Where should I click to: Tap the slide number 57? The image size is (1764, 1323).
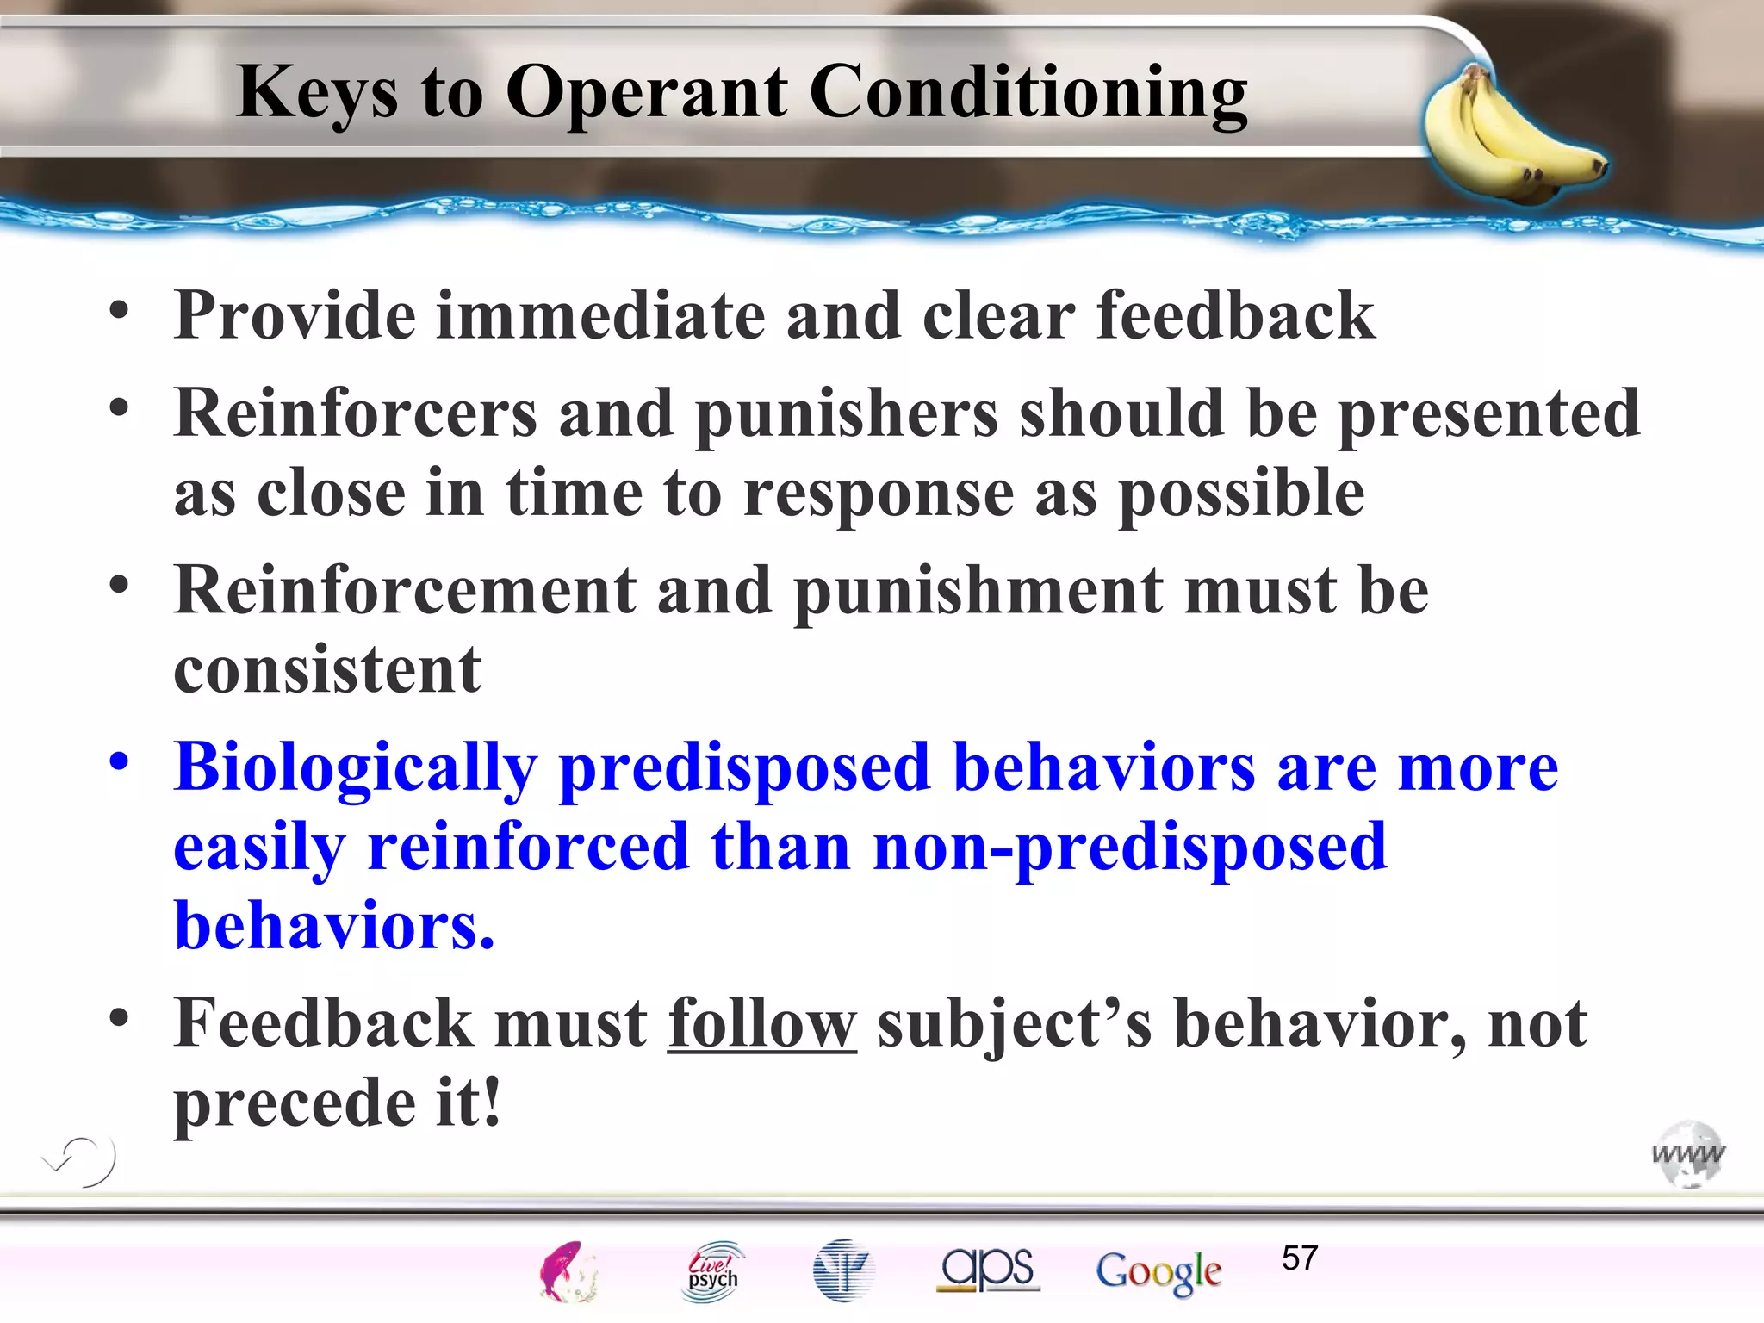tap(1299, 1258)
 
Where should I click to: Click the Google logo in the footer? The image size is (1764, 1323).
tap(1158, 1271)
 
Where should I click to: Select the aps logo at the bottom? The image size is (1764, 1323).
tap(988, 1269)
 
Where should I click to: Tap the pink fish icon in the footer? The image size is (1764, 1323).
tap(567, 1271)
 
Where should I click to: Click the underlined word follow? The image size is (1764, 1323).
tap(761, 1023)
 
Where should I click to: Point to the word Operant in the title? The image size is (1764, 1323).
tap(646, 92)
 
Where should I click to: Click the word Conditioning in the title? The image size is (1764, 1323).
tap(1028, 92)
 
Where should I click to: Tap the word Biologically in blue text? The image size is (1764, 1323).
tap(355, 767)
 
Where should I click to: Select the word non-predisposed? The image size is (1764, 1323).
tap(1129, 847)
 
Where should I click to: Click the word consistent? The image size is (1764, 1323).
tap(327, 670)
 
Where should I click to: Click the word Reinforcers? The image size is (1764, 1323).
tap(355, 413)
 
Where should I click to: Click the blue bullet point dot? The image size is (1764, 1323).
tap(119, 761)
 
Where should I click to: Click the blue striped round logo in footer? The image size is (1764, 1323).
tap(843, 1270)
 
